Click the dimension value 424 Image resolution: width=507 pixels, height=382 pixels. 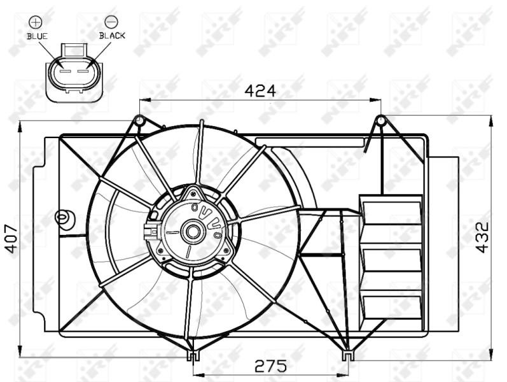coord(260,91)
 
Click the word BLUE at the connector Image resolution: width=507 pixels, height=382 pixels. coord(37,36)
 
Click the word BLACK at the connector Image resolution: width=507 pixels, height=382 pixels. coord(112,36)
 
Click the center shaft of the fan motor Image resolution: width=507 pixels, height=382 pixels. coord(191,231)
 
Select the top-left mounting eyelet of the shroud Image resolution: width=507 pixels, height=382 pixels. coord(139,119)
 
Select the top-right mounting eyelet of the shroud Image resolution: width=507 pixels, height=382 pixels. coord(380,120)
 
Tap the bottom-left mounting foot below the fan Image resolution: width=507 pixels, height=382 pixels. coord(191,356)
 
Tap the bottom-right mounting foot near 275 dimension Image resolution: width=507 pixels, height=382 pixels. coord(347,355)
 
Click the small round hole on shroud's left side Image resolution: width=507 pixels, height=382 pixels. coord(62,218)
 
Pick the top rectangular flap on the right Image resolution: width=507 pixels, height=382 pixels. coord(391,212)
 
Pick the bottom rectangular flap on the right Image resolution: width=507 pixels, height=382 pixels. coord(392,306)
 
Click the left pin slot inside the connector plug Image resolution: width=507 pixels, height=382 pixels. coord(63,71)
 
